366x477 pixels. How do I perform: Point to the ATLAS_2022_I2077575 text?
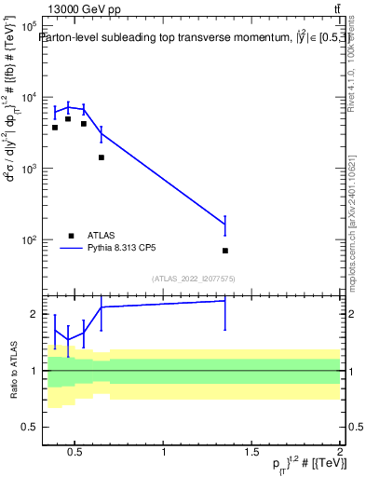click(193, 278)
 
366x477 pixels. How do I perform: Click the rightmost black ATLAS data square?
click(225, 251)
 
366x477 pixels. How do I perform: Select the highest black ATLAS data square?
click(68, 119)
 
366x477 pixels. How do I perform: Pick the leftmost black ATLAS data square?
click(55, 127)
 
